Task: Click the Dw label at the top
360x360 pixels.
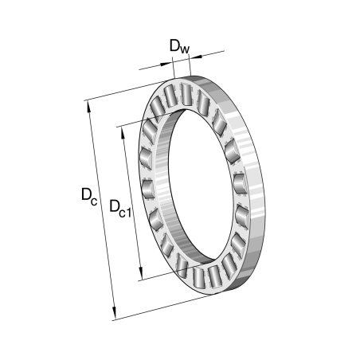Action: click(x=179, y=47)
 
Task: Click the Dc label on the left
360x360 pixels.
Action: click(x=89, y=195)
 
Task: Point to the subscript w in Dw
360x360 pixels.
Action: click(x=185, y=50)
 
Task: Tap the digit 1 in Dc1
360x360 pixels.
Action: click(x=131, y=211)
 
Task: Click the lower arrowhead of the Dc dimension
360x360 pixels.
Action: click(x=114, y=314)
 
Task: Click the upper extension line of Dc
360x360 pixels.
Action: click(x=127, y=90)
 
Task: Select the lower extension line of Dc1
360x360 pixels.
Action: click(x=159, y=275)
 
